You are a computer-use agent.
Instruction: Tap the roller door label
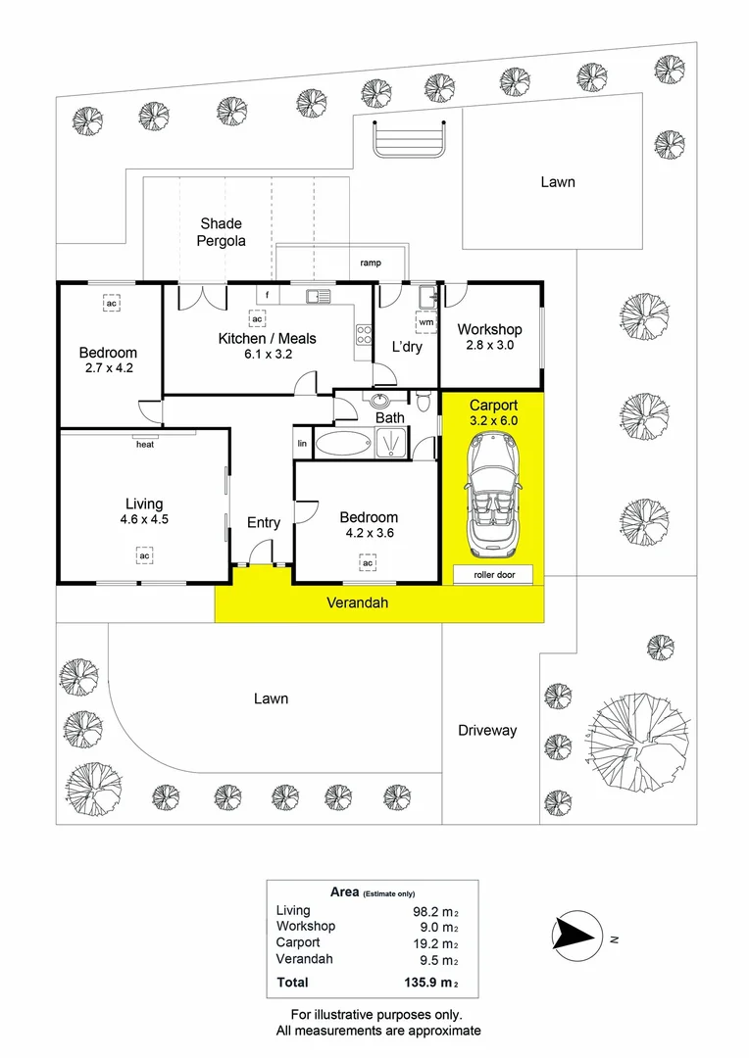pyautogui.click(x=493, y=575)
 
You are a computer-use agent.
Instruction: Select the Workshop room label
pyautogui.click(x=489, y=329)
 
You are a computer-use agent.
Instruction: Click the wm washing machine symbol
pyautogui.click(x=425, y=321)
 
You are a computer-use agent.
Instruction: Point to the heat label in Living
pyautogui.click(x=145, y=444)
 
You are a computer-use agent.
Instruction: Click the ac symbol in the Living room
pyautogui.click(x=144, y=556)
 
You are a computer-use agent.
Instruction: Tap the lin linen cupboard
pyautogui.click(x=301, y=444)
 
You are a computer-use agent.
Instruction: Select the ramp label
pyautogui.click(x=371, y=263)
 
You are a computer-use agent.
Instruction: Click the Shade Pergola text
pyautogui.click(x=221, y=232)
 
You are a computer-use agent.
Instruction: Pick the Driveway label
pyautogui.click(x=487, y=730)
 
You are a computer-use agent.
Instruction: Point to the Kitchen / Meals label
pyautogui.click(x=267, y=339)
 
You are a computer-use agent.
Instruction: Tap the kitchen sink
pyautogui.click(x=320, y=295)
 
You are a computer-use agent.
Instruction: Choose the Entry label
pyautogui.click(x=263, y=523)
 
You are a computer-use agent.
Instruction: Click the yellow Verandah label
pyautogui.click(x=357, y=603)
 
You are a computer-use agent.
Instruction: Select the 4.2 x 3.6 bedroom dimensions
pyautogui.click(x=369, y=534)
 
